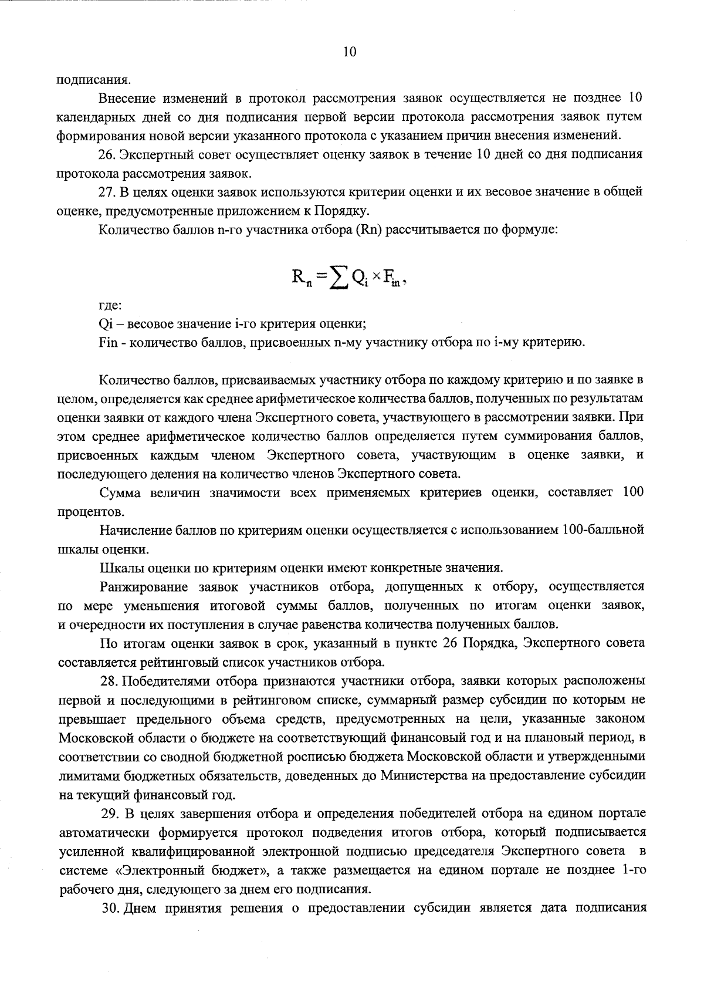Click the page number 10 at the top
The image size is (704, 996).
350,52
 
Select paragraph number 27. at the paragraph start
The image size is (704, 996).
110,191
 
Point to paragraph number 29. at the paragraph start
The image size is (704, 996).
111,813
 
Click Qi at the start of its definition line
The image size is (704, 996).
106,324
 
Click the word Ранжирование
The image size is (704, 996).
144,586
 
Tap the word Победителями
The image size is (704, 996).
168,681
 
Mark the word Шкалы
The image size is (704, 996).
119,568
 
